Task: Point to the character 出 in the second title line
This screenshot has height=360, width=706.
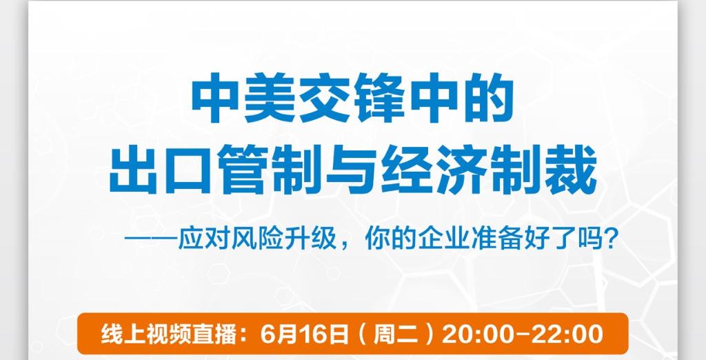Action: click(x=133, y=170)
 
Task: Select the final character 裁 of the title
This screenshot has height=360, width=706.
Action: click(x=572, y=170)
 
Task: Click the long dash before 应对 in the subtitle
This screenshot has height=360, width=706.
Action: click(x=151, y=239)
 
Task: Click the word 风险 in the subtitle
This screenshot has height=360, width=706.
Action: click(x=258, y=239)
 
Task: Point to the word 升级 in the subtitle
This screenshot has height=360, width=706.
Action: click(x=311, y=239)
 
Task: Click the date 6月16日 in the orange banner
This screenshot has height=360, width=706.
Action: click(x=305, y=334)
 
